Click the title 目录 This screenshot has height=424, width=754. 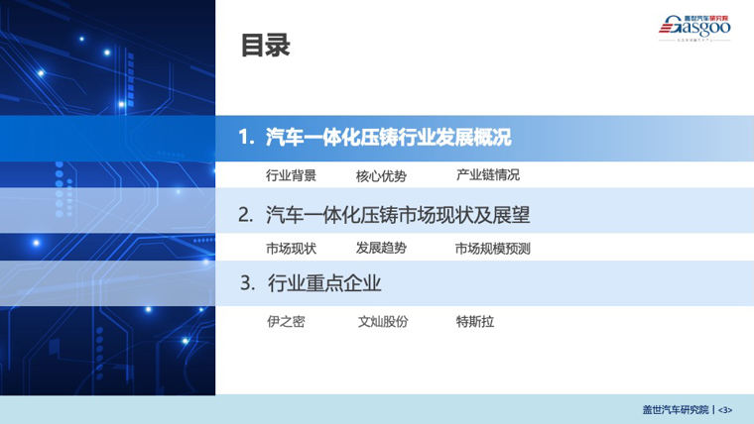[x=266, y=46]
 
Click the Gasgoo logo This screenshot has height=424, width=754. [x=694, y=28]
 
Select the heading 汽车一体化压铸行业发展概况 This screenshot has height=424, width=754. [x=389, y=138]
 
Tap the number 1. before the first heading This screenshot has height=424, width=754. [x=247, y=138]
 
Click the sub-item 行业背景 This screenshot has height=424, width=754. [x=291, y=175]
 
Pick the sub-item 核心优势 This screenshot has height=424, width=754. [x=381, y=175]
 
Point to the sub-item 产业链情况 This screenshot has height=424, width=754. [x=487, y=175]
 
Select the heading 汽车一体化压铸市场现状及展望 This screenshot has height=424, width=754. [x=398, y=215]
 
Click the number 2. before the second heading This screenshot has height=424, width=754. [x=246, y=215]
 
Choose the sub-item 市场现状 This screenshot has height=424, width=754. [x=291, y=249]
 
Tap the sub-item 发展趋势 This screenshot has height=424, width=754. [x=381, y=248]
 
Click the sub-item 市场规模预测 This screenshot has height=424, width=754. [x=492, y=249]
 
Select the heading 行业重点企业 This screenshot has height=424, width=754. [x=324, y=283]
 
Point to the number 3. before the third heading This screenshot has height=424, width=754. [x=248, y=282]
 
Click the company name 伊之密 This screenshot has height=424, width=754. [x=286, y=321]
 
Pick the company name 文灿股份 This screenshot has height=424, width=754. [x=383, y=321]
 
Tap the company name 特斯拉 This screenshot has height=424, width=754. [x=474, y=321]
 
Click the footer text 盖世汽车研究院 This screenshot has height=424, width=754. [x=676, y=409]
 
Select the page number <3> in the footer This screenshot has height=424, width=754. [x=725, y=410]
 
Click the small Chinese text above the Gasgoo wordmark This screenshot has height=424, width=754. [x=706, y=18]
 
